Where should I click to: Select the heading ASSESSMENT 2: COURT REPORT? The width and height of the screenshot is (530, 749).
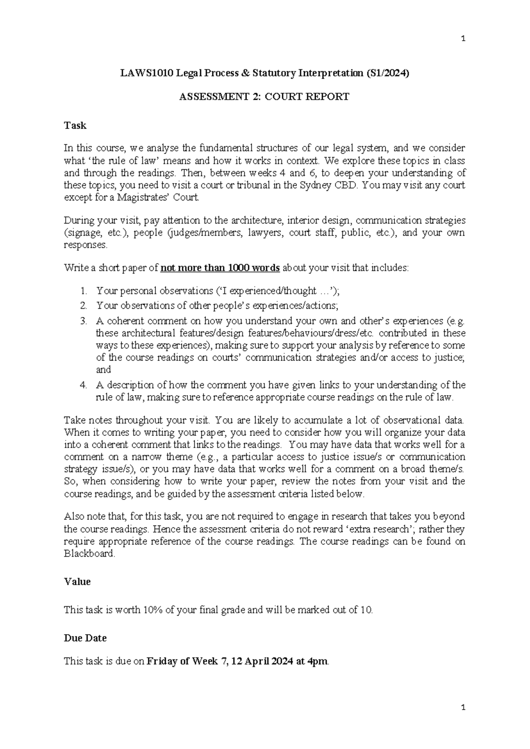[264, 97]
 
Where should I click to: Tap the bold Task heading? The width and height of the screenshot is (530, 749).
[75, 125]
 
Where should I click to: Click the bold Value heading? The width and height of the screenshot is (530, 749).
[77, 582]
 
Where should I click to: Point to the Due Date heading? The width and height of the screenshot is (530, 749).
[85, 638]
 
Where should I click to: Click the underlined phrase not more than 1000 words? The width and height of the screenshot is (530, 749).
[220, 268]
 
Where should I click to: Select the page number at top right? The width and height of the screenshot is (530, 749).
[463, 39]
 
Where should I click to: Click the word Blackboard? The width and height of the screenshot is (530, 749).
[89, 554]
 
